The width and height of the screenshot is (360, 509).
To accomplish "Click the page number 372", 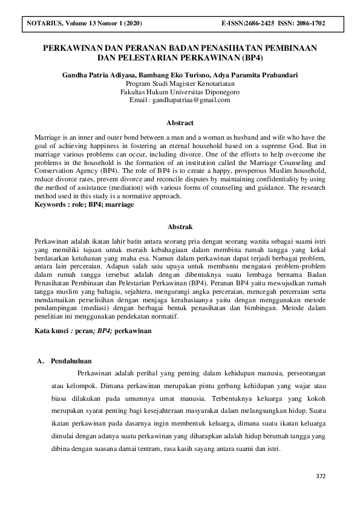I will [321, 476].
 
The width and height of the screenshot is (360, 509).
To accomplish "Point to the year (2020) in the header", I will [131, 24].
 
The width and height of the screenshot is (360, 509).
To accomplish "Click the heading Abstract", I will [180, 122].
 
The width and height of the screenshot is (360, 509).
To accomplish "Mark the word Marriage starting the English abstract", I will [48, 138].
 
